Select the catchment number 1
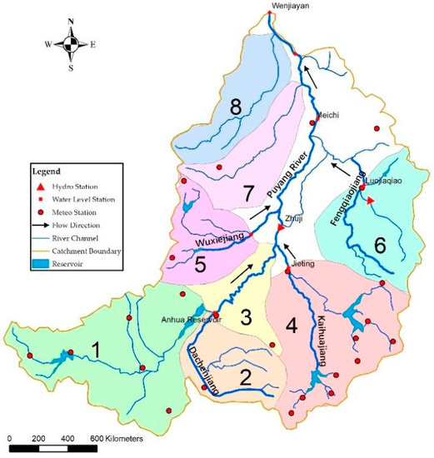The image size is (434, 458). pos(97,351)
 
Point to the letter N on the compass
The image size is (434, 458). pos(72,22)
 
